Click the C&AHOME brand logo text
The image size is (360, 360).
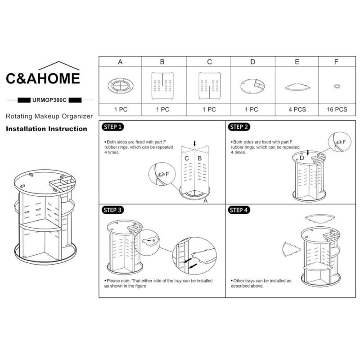[x=43, y=78]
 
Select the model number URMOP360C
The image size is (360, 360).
[x=49, y=100]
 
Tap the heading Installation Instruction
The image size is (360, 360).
[x=47, y=129]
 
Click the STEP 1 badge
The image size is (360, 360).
[x=112, y=127]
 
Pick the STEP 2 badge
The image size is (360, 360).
[x=239, y=127]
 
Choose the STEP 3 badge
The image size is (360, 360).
[x=112, y=210]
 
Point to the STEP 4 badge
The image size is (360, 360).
[x=239, y=210]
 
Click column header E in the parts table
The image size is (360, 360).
[x=297, y=62]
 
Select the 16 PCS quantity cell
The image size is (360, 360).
[x=337, y=109]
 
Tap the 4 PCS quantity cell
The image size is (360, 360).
[x=297, y=109]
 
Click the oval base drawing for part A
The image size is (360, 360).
[x=120, y=85]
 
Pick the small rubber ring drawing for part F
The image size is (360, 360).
[x=337, y=86]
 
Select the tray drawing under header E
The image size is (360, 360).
[x=297, y=87]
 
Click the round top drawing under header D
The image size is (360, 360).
[x=252, y=86]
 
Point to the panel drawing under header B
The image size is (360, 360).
[x=162, y=86]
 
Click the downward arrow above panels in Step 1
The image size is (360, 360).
[x=195, y=144]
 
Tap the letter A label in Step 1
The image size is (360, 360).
[x=206, y=201]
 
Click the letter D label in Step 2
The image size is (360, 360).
[x=301, y=158]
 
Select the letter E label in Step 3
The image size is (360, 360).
[x=154, y=240]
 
